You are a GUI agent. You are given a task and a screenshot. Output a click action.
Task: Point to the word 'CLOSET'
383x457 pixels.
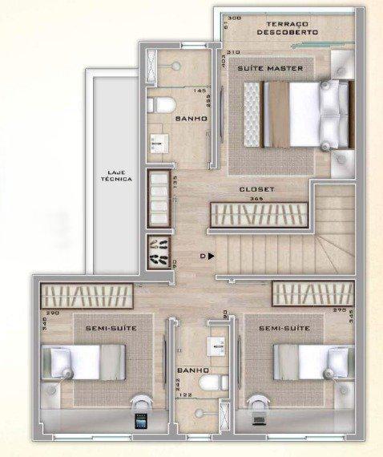[x=257, y=189]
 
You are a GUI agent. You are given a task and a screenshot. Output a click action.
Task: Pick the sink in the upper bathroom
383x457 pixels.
[x=155, y=143]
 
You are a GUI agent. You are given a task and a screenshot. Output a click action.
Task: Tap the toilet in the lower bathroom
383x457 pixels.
[x=210, y=386]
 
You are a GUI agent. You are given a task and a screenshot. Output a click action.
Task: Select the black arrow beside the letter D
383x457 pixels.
[x=212, y=257]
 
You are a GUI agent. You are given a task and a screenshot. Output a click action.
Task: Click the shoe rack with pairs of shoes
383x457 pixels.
[x=156, y=252]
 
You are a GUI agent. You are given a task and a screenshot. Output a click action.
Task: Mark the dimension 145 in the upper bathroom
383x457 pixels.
[x=200, y=91]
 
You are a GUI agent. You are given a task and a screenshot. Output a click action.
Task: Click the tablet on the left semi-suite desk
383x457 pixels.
[x=141, y=423]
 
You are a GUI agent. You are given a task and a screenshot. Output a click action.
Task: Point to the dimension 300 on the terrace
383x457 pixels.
[x=234, y=18]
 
